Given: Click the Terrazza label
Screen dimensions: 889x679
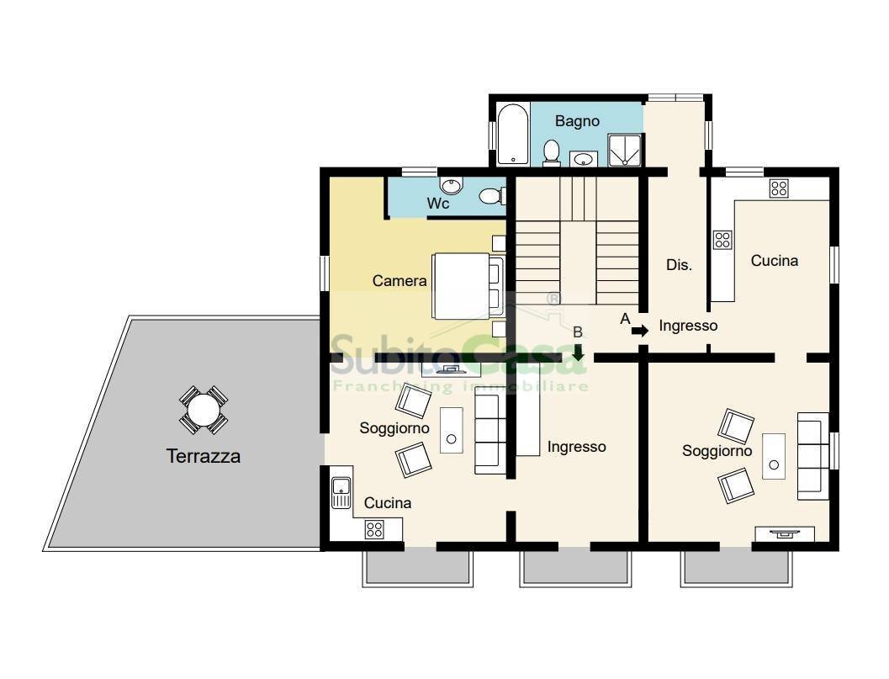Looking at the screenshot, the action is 203,456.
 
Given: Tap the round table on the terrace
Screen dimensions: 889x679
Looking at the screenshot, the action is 204,410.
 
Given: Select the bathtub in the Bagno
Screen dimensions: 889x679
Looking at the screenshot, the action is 513,135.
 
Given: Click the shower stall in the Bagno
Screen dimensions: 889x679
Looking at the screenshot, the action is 625,151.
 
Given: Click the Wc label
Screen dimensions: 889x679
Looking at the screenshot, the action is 438,203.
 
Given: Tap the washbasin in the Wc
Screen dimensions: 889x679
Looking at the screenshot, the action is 452,185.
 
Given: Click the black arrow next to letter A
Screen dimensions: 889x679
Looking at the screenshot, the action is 640,331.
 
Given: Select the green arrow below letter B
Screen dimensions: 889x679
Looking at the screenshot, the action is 578,353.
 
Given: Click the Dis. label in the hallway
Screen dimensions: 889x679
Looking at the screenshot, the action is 679,265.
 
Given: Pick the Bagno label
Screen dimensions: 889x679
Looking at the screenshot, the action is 577,121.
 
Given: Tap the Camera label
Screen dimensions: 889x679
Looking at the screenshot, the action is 400,281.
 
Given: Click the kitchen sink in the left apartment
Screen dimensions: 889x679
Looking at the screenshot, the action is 341,492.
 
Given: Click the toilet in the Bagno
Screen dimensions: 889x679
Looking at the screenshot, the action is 551,153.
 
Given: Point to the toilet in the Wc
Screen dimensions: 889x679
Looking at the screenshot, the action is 492,196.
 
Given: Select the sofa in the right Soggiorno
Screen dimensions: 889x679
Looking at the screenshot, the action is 813,456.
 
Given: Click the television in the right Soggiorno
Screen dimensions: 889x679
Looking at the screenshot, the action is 786,533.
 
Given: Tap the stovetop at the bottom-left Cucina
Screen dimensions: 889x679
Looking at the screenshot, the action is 374,530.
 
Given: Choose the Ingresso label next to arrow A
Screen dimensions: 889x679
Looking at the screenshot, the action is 688,326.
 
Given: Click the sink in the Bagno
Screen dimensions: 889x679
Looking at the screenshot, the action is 583,159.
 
